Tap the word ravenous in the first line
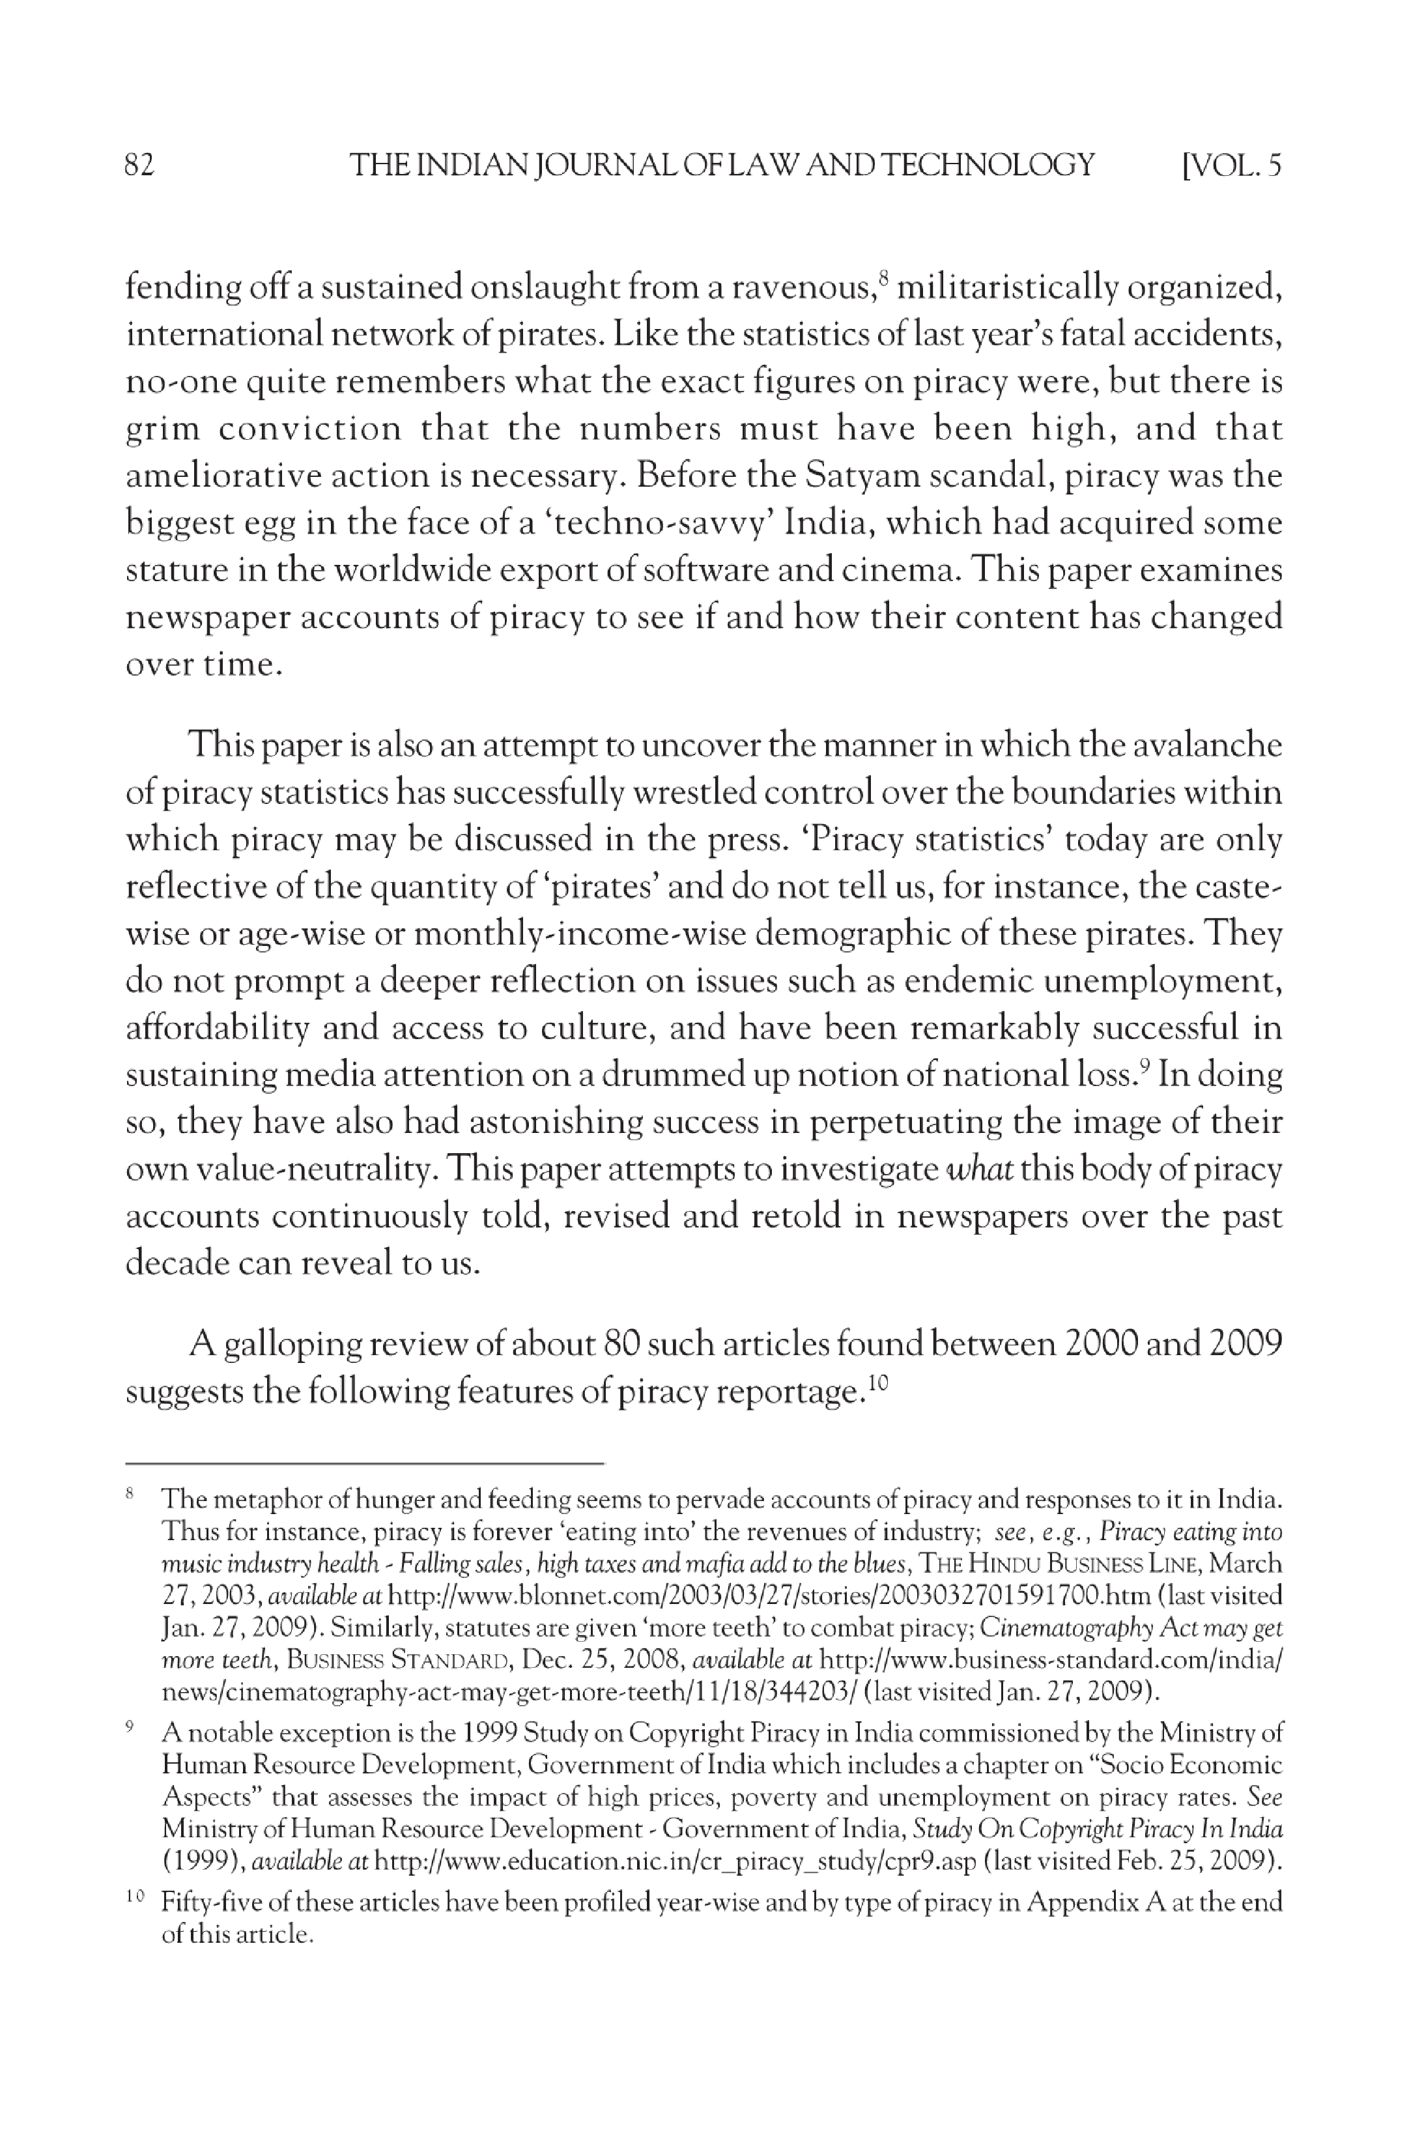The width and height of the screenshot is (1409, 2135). click(801, 289)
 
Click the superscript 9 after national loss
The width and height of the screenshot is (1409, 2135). click(1144, 1065)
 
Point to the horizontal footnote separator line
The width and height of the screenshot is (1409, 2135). click(364, 1464)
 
